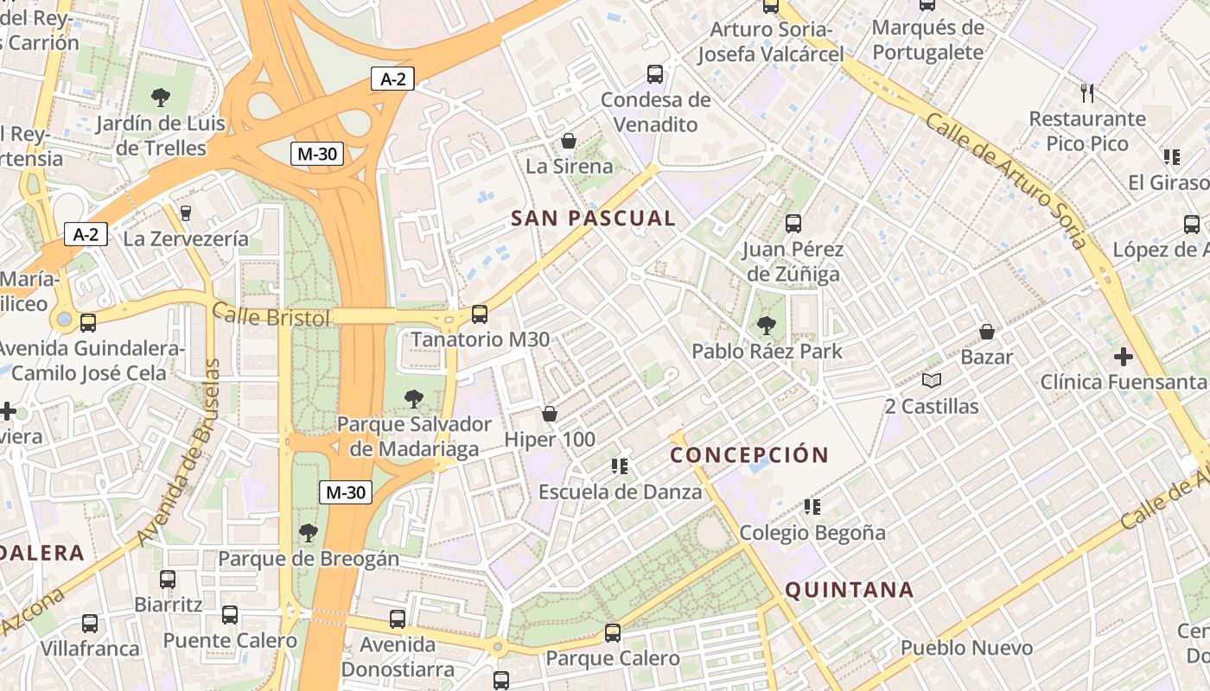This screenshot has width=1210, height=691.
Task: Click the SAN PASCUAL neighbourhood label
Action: (x=593, y=219)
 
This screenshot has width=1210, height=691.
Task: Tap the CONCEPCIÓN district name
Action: (x=749, y=455)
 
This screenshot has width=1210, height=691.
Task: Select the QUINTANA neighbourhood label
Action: (x=849, y=591)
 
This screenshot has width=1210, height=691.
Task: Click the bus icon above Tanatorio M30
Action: (x=480, y=314)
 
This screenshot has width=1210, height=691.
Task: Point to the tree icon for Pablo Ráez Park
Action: (x=766, y=326)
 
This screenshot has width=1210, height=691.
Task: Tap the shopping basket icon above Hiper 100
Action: (x=550, y=415)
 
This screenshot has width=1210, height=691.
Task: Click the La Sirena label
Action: (x=569, y=167)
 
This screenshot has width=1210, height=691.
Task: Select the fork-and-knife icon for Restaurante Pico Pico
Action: (x=1087, y=92)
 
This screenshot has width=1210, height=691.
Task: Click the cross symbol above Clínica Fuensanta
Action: (x=1123, y=356)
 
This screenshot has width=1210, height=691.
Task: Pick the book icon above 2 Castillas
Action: (x=931, y=380)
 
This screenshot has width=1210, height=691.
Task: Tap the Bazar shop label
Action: (x=987, y=357)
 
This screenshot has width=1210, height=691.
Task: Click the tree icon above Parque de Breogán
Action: (x=308, y=533)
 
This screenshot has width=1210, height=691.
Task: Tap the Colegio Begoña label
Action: (x=812, y=533)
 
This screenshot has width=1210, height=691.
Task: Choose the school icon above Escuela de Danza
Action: (x=620, y=466)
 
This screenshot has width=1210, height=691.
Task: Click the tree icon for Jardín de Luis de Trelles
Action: (x=160, y=97)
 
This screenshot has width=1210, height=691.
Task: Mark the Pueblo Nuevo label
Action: (x=966, y=648)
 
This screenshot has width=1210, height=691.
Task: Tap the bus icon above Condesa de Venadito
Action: (x=655, y=74)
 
